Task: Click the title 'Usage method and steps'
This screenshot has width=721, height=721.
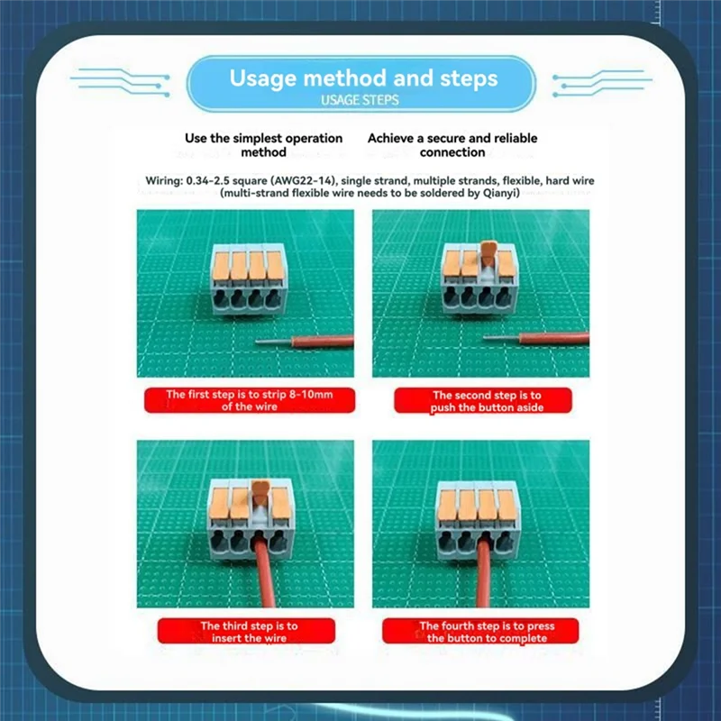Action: [363, 78]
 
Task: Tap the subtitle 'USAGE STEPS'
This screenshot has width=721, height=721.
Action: [360, 100]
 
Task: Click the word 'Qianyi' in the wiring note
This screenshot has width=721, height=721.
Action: [499, 193]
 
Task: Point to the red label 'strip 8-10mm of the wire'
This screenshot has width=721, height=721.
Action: [250, 400]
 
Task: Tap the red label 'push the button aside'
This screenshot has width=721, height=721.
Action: [483, 401]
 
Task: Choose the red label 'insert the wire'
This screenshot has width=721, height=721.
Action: [246, 632]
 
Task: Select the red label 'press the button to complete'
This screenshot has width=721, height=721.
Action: [480, 632]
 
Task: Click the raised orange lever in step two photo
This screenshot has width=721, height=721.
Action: [489, 255]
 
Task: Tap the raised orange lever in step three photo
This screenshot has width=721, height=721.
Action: [260, 494]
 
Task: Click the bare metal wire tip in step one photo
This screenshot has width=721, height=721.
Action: [274, 342]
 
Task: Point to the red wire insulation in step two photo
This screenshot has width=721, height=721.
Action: [554, 339]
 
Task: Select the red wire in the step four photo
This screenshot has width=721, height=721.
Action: [484, 573]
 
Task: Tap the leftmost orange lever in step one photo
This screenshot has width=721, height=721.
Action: [221, 266]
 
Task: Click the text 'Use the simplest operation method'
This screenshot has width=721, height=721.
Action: [263, 145]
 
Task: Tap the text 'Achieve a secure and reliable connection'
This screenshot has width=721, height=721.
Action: [452, 145]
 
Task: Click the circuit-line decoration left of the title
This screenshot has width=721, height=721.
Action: [121, 82]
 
